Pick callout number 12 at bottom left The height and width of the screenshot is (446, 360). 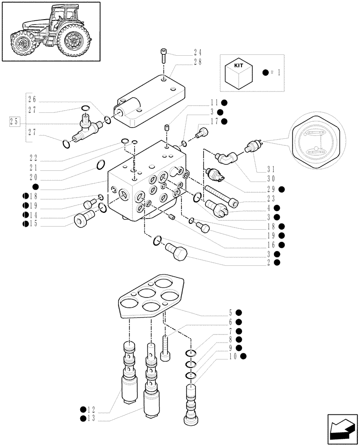[x=91, y=409]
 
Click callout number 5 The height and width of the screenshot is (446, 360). [x=231, y=312]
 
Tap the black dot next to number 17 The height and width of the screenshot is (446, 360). [x=224, y=121]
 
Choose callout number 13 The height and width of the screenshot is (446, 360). [x=91, y=418]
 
